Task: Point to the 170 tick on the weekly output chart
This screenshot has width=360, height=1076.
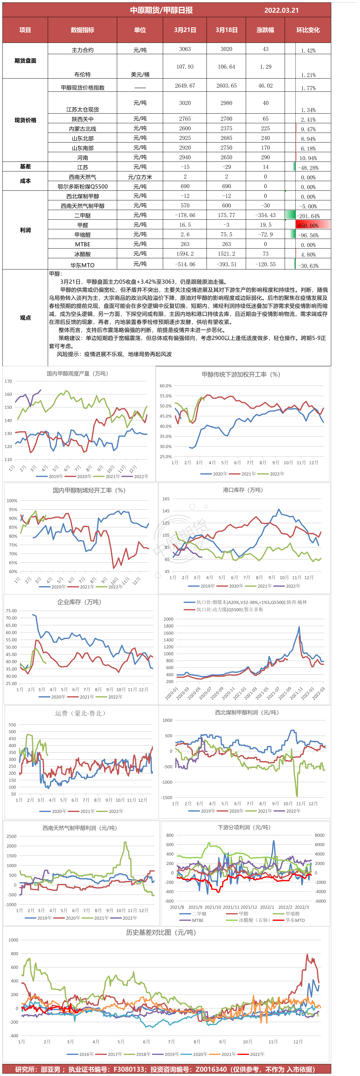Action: [x=8, y=381]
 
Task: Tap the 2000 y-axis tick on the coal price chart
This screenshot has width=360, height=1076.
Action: [x=168, y=619]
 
